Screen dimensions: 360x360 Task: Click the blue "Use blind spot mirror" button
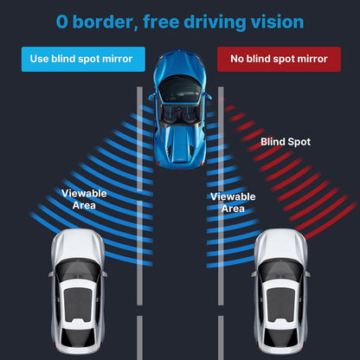(83, 59)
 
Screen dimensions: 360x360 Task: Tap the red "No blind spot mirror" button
(279, 59)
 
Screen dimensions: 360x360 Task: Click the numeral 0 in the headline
(62, 22)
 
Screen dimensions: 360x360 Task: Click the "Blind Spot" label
(286, 142)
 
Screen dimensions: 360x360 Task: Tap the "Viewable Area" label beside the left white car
(84, 199)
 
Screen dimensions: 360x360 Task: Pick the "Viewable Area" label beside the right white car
(233, 202)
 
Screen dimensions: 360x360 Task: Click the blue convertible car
(180, 109)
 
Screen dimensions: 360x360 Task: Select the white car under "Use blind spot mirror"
(78, 292)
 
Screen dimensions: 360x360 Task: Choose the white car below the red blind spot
(280, 292)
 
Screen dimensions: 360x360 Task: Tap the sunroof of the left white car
(78, 305)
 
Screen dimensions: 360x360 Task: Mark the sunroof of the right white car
(280, 305)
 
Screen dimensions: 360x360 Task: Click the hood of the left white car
(78, 245)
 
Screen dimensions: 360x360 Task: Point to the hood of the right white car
(280, 245)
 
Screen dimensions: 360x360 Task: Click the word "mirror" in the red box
(312, 59)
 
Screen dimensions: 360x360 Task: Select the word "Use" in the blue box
(39, 59)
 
